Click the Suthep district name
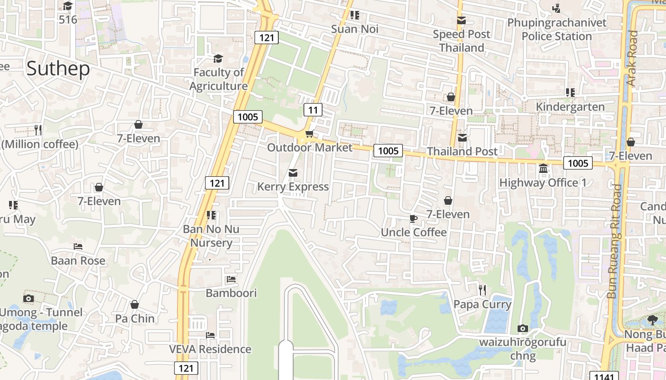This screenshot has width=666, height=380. pyautogui.click(x=58, y=69)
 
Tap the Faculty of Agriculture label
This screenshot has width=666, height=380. pyautogui.click(x=218, y=79)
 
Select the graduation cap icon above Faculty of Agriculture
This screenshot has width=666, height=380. pyautogui.click(x=218, y=58)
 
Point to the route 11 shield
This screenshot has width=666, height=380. pyautogui.click(x=313, y=110)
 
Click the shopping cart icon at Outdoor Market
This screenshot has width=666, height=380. pyautogui.click(x=309, y=134)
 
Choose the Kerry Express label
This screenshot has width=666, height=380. pyautogui.click(x=293, y=187)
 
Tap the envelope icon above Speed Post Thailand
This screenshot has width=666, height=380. pyautogui.click(x=461, y=20)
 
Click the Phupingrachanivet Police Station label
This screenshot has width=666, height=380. pyautogui.click(x=557, y=29)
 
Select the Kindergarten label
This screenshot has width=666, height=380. pyautogui.click(x=570, y=106)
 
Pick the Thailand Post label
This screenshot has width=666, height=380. pyautogui.click(x=462, y=152)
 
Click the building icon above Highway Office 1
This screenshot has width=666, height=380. pyautogui.click(x=543, y=169)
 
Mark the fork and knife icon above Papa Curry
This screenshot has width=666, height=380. pyautogui.click(x=482, y=290)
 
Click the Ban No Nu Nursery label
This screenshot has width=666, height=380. pyautogui.click(x=211, y=236)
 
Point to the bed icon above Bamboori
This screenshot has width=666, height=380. pyautogui.click(x=231, y=279)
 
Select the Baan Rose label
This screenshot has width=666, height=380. pyautogui.click(x=78, y=261)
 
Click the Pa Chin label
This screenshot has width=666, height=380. pyautogui.click(x=135, y=318)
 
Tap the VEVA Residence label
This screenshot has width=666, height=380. pyautogui.click(x=210, y=349)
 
